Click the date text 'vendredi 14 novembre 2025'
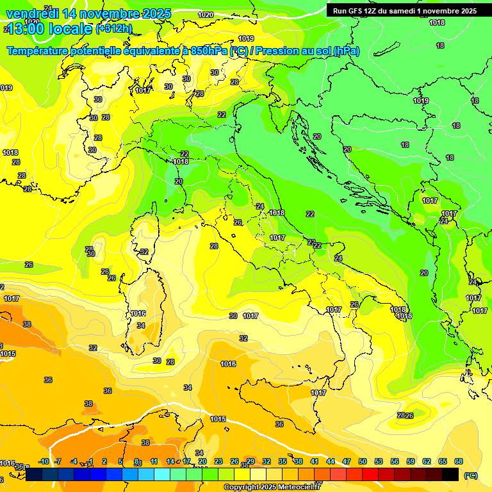(x=88, y=13)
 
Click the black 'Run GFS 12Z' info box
(x=404, y=11)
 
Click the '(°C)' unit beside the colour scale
(x=470, y=475)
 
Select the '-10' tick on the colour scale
(x=44, y=461)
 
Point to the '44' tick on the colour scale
(x=331, y=461)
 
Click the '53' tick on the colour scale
(x=379, y=461)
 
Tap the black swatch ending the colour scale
(x=450, y=474)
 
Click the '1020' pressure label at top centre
(x=206, y=15)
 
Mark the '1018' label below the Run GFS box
(x=437, y=22)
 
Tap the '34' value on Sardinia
(x=141, y=325)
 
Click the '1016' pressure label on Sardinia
(x=138, y=313)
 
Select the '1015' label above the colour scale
(x=218, y=419)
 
